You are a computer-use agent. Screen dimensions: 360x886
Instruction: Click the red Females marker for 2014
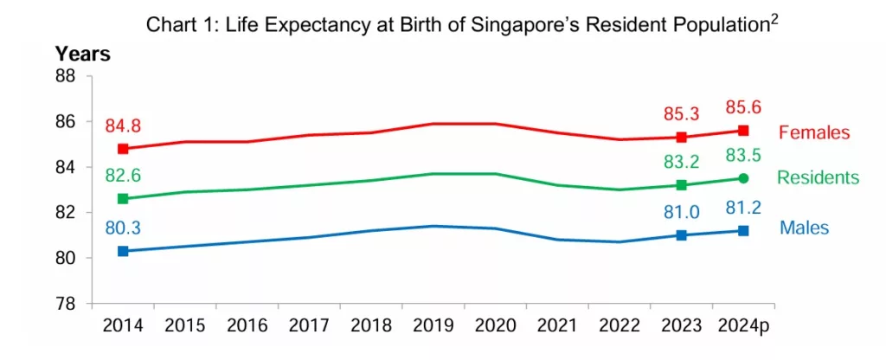pos(123,148)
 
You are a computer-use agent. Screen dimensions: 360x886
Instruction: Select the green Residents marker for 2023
pos(682,185)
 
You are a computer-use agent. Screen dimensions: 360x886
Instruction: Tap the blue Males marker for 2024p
pos(743,230)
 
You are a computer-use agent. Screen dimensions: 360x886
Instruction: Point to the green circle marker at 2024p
pos(743,178)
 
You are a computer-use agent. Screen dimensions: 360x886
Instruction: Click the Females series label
pos(814,133)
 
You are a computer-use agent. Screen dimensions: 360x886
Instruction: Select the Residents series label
pos(818,178)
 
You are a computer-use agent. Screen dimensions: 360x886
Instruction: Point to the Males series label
pos(805,228)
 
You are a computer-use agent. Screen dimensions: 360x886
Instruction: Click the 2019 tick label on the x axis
pos(433,326)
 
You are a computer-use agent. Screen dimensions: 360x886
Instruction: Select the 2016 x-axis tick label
pos(247,326)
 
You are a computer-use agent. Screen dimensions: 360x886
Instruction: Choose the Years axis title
pos(83,55)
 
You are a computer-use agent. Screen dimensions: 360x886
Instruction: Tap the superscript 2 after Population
pos(774,19)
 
